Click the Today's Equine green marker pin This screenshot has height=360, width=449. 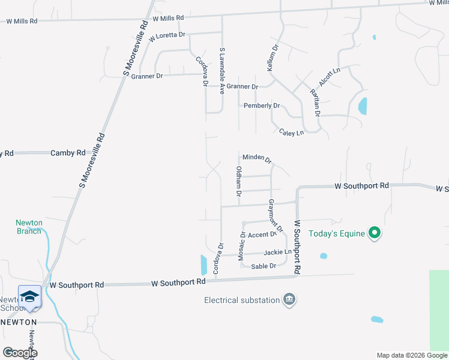(x=375, y=233)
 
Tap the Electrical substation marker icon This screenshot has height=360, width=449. (x=289, y=299)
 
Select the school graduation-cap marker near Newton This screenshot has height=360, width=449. (x=29, y=297)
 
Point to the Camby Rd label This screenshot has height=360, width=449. (x=68, y=153)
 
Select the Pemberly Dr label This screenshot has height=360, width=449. (x=261, y=106)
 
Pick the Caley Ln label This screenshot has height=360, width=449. (x=291, y=132)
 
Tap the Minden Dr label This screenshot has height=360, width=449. (x=257, y=158)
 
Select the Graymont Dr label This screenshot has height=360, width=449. (x=276, y=216)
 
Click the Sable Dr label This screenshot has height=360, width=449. (x=264, y=266)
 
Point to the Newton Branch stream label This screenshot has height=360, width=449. (x=29, y=227)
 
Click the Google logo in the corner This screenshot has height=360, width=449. (x=20, y=353)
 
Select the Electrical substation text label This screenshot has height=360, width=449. (x=242, y=300)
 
